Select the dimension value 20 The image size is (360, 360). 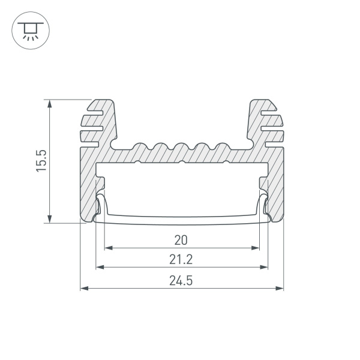tap(181, 241)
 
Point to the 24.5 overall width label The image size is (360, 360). tap(181, 280)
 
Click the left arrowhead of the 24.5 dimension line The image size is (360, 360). tap(83, 288)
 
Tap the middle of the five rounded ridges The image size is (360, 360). tap(181, 148)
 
